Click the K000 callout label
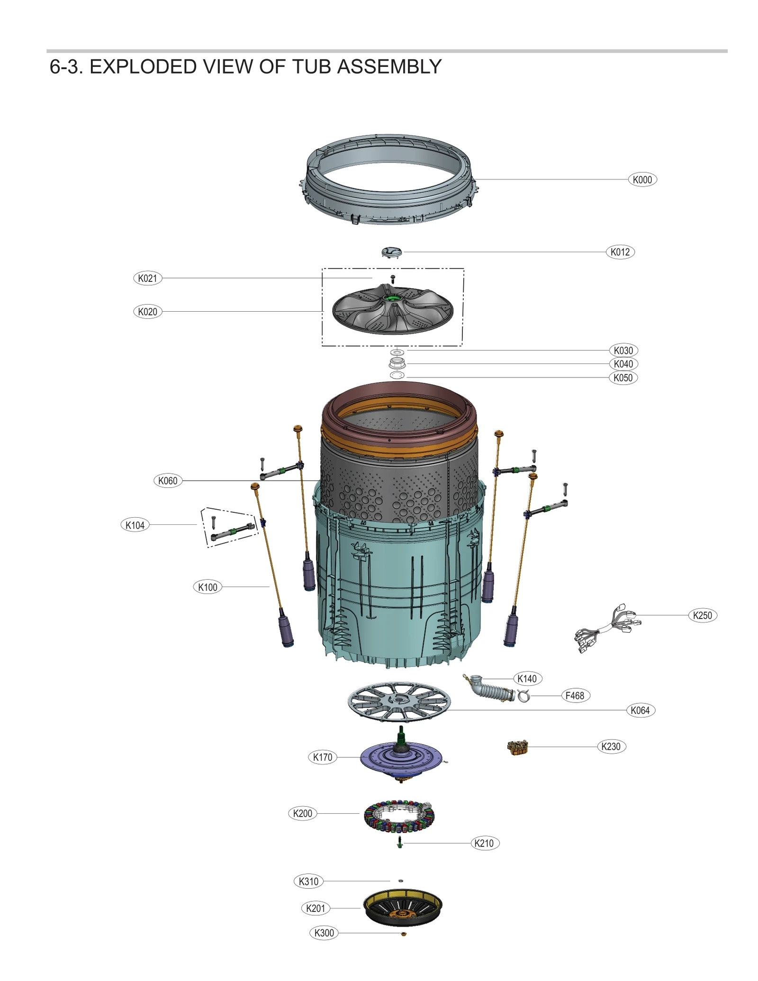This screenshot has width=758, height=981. pyautogui.click(x=642, y=180)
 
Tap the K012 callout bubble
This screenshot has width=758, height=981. pyautogui.click(x=620, y=252)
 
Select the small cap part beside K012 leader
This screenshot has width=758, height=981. pyautogui.click(x=391, y=252)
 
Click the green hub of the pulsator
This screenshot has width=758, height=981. pyautogui.click(x=392, y=298)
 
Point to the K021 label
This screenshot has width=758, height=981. pyautogui.click(x=147, y=278)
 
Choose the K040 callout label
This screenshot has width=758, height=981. pyautogui.click(x=623, y=364)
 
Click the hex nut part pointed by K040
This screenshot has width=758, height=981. pyautogui.click(x=397, y=364)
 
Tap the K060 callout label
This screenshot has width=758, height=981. pyautogui.click(x=168, y=481)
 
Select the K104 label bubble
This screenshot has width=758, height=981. pyautogui.click(x=135, y=525)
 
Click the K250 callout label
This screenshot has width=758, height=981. pyautogui.click(x=702, y=615)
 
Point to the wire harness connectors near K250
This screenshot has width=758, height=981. pyautogui.click(x=608, y=628)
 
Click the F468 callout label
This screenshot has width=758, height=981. pyautogui.click(x=575, y=696)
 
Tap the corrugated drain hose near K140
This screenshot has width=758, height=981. pyautogui.click(x=493, y=691)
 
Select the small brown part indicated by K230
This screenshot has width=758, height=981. pyautogui.click(x=517, y=747)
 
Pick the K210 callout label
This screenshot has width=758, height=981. pyautogui.click(x=484, y=843)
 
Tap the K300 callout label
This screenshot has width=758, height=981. pyautogui.click(x=324, y=933)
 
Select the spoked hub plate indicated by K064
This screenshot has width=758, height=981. pyautogui.click(x=399, y=702)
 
